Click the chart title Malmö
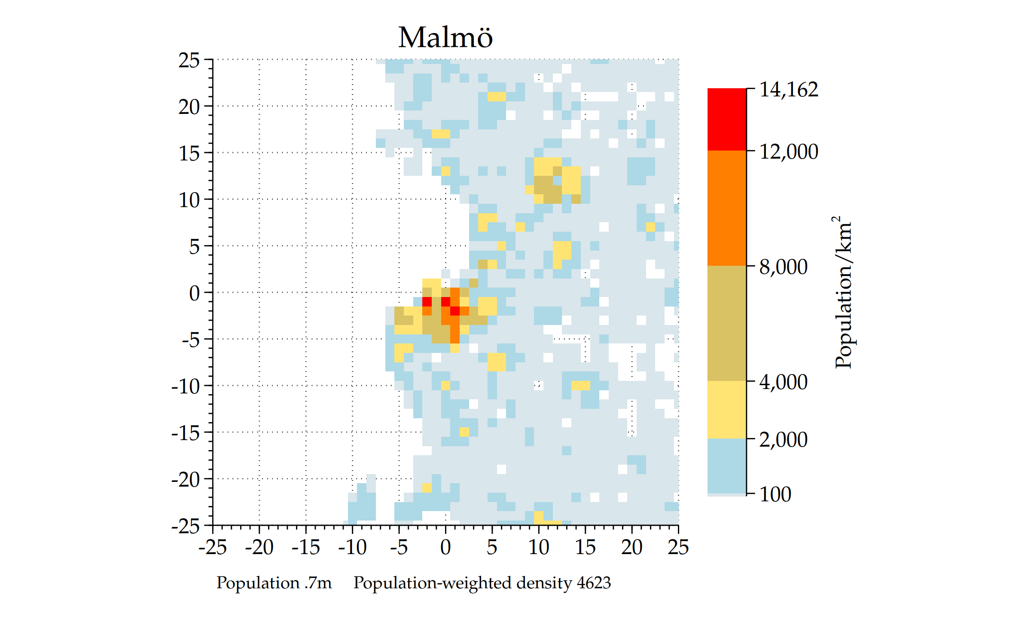click(445, 37)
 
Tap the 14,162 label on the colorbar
click(789, 90)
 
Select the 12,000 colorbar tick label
click(789, 152)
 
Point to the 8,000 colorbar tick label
click(783, 267)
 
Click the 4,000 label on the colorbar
click(783, 382)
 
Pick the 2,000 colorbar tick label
click(783, 440)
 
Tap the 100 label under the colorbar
click(775, 494)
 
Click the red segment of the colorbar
click(727, 119)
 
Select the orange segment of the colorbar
click(727, 208)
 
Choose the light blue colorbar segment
click(727, 466)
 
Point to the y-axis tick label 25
click(189, 61)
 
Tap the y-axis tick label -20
click(186, 479)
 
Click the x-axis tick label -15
click(305, 548)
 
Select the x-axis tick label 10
click(538, 548)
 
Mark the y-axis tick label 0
click(194, 293)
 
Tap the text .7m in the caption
click(318, 583)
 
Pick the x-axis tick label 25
click(678, 548)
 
